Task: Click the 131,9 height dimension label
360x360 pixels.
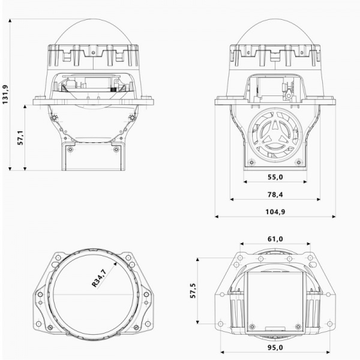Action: coord(5,94)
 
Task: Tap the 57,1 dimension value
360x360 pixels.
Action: coord(20,138)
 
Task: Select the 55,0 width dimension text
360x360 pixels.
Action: coord(275,177)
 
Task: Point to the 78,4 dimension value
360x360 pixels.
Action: coord(275,194)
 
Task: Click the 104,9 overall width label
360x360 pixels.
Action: coord(275,212)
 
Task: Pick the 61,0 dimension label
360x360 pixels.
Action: coord(275,239)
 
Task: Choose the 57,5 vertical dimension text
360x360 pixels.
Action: coord(193,290)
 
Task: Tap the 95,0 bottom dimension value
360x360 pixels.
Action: coord(275,347)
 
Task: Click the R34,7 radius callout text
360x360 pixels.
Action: coord(99,278)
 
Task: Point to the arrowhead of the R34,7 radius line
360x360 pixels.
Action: coord(115,263)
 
